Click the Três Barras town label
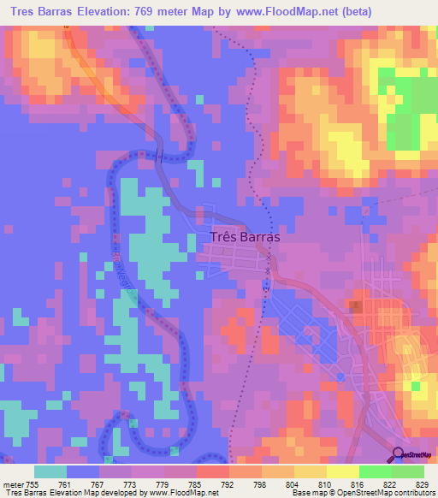click(244, 239)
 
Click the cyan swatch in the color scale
click(50, 472)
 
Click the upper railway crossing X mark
click(268, 255)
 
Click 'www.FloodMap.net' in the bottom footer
click(175, 493)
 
